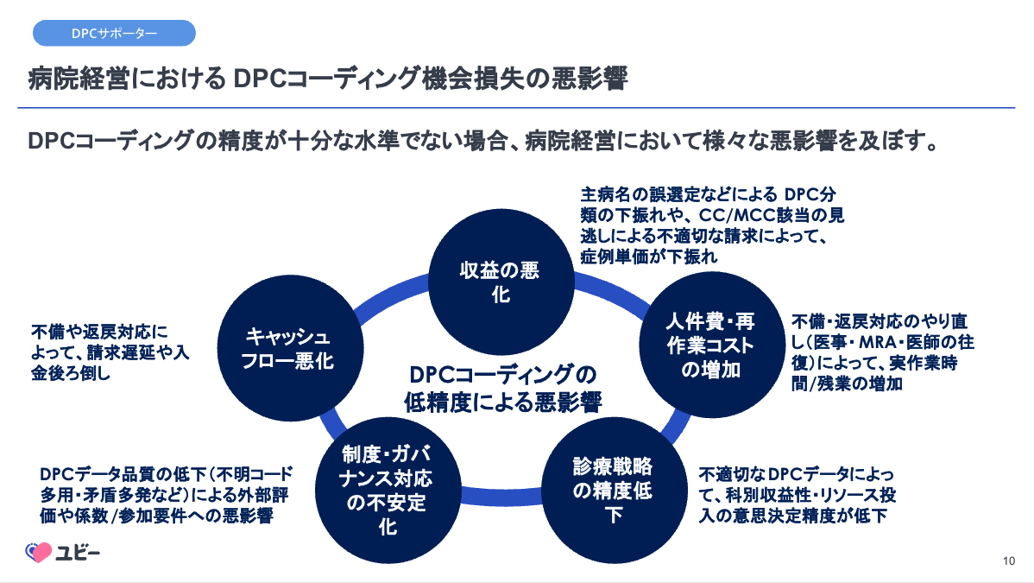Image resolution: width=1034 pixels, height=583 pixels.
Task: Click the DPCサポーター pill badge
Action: (x=114, y=34)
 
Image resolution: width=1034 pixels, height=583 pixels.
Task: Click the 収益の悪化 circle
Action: (x=500, y=282)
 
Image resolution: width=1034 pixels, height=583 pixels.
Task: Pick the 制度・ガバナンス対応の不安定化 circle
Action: (x=387, y=491)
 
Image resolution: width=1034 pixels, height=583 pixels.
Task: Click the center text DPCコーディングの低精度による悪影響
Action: (x=502, y=388)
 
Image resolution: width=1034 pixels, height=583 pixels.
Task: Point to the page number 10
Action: (x=1008, y=561)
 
